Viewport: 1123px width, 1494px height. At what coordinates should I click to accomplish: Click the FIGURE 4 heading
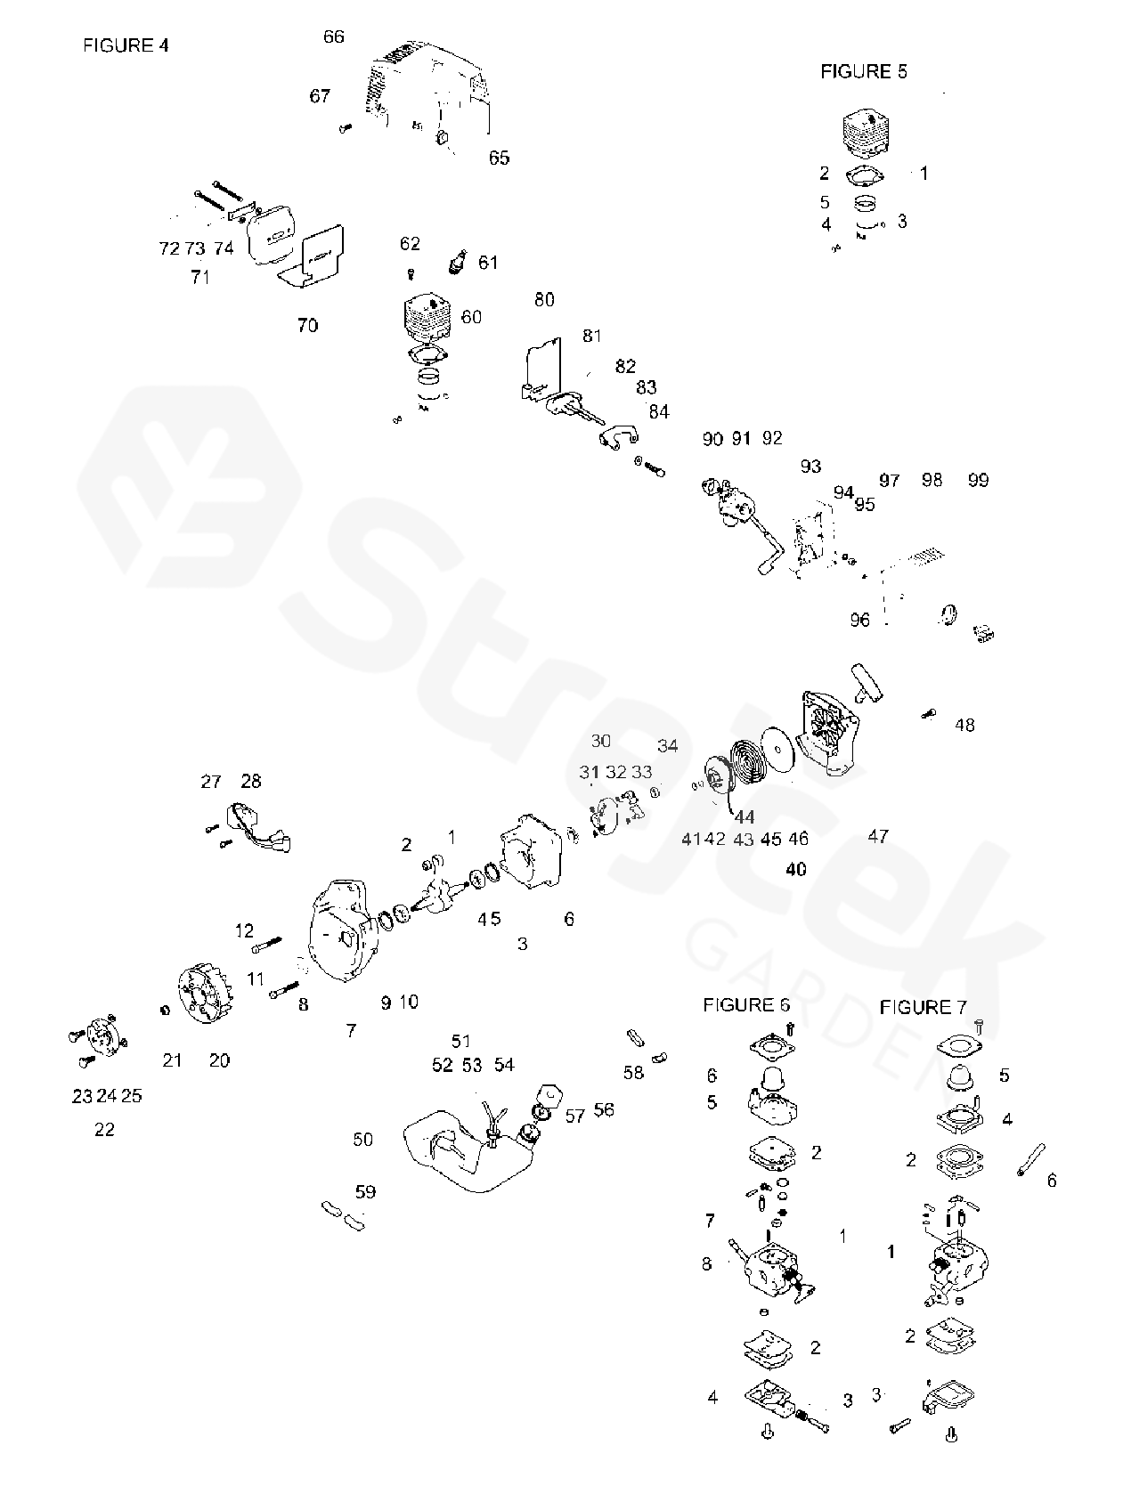pyautogui.click(x=125, y=45)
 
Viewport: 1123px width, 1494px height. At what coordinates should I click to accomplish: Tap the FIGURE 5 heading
pyautogui.click(x=863, y=72)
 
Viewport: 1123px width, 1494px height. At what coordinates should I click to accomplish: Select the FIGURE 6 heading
pyautogui.click(x=745, y=1004)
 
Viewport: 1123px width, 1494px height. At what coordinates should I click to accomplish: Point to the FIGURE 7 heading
pyautogui.click(x=923, y=1007)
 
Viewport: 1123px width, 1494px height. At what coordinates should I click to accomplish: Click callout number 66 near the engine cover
pyautogui.click(x=333, y=37)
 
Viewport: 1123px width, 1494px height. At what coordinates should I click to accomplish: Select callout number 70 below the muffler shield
pyautogui.click(x=307, y=325)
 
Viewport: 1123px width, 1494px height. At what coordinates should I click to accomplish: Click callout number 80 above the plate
pyautogui.click(x=544, y=299)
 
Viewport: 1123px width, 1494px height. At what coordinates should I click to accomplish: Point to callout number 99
pyautogui.click(x=978, y=480)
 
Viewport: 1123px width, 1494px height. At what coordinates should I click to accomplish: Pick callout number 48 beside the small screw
pyautogui.click(x=964, y=725)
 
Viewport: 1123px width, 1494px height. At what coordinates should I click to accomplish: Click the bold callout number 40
pyautogui.click(x=796, y=868)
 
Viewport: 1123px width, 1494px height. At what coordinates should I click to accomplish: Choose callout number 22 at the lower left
pyautogui.click(x=104, y=1129)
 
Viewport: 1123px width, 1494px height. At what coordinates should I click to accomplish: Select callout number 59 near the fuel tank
pyautogui.click(x=365, y=1191)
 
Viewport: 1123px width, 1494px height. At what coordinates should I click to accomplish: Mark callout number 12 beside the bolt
pyautogui.click(x=244, y=931)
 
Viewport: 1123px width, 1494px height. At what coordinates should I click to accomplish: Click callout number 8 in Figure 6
pyautogui.click(x=706, y=1263)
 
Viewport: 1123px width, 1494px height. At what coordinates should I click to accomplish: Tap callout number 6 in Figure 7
pyautogui.click(x=1051, y=1180)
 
